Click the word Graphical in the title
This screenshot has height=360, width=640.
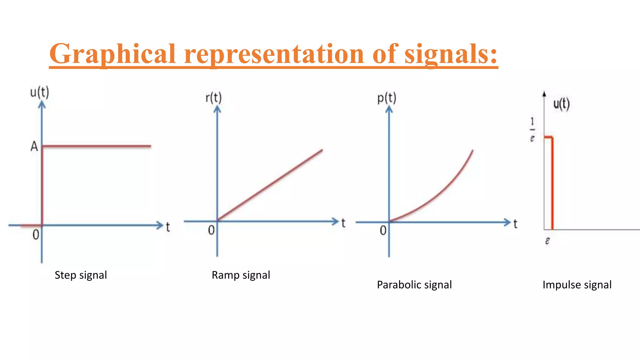(112, 54)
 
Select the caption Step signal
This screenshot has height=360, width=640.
(81, 275)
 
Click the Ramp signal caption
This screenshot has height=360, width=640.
(241, 275)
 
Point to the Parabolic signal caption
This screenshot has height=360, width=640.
(414, 285)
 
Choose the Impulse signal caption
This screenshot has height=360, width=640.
(577, 285)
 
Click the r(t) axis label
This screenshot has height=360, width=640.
(213, 98)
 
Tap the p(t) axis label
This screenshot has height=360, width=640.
(387, 98)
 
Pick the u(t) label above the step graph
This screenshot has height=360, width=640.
(39, 92)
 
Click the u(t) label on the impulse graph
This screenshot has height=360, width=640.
(561, 104)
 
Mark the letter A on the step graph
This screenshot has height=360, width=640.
(34, 146)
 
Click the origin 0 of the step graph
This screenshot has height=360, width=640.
(36, 235)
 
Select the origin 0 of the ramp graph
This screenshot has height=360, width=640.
(211, 230)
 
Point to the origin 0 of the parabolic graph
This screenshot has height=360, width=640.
(383, 231)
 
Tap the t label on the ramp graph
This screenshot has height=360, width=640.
(343, 223)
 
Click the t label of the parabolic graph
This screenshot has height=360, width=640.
(515, 224)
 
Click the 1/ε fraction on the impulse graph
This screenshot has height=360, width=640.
(532, 129)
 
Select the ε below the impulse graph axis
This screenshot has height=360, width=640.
(547, 241)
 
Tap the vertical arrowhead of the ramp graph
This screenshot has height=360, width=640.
(217, 109)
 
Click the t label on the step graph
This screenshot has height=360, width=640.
(168, 227)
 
